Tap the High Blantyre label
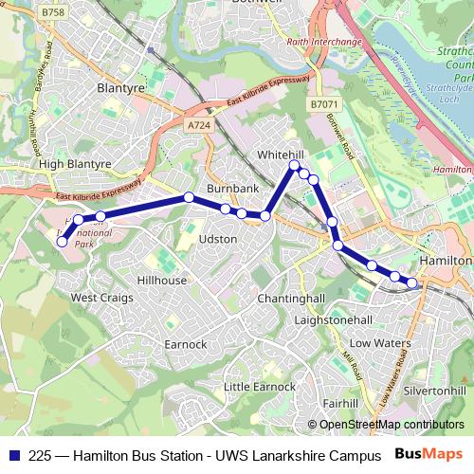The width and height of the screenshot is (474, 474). click(75, 163)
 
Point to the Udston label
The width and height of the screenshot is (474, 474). click(218, 239)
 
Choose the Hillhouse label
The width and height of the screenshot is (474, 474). click(162, 281)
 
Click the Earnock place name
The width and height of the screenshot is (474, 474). click(185, 343)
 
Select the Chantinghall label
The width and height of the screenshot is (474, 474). click(292, 299)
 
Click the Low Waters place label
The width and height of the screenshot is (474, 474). click(380, 341)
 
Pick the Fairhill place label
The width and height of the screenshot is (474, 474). click(338, 403)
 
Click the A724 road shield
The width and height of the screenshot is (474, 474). click(198, 124)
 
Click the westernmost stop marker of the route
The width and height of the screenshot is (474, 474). click(63, 242)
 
